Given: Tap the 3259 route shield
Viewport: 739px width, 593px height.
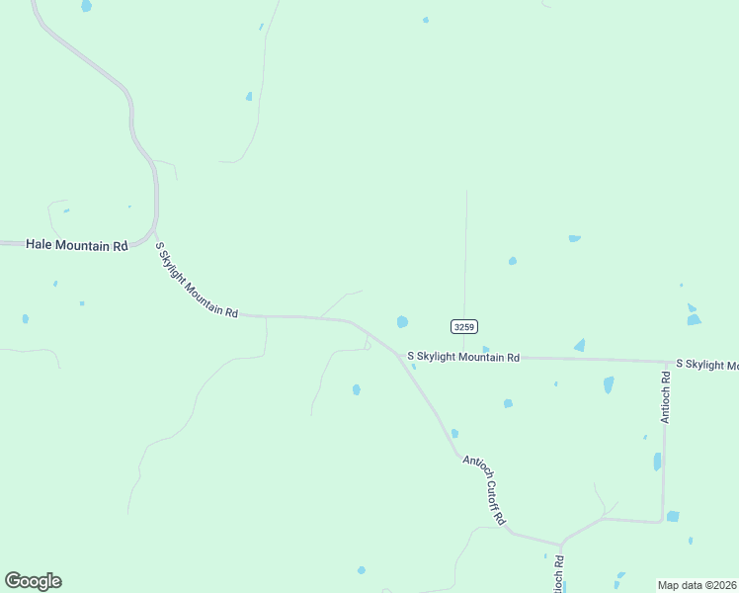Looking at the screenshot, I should [464, 326].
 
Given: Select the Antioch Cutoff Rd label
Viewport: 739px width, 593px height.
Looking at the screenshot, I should [485, 488].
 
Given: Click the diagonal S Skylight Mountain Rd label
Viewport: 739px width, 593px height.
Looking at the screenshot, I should [198, 281].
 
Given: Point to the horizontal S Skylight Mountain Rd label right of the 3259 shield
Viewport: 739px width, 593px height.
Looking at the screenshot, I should [463, 357].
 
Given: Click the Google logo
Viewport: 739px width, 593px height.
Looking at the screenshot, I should [33, 581].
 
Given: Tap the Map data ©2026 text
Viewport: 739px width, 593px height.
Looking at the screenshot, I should [698, 585].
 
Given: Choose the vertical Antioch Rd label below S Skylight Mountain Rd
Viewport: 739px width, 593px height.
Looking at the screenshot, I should [666, 397].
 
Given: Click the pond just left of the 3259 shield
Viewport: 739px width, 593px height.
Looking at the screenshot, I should [402, 321].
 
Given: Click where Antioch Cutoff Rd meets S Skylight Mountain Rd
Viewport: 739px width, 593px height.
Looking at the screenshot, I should [399, 355].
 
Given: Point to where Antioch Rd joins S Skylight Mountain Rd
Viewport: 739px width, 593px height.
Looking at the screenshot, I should [665, 362].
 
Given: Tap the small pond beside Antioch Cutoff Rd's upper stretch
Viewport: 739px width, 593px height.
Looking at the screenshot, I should [454, 433].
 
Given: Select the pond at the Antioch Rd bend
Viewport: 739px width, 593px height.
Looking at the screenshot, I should [673, 516].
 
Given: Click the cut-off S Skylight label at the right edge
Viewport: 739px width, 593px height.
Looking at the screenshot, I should [706, 366].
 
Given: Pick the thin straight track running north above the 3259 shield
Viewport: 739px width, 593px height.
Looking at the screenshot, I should [465, 247].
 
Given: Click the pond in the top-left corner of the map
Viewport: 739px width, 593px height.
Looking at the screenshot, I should [87, 6].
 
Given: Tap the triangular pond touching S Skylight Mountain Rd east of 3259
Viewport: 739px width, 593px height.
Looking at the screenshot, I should [579, 345].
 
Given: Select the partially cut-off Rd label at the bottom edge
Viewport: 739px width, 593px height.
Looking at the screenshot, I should [559, 573].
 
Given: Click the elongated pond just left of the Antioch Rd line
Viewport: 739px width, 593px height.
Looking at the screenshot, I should [657, 462].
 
